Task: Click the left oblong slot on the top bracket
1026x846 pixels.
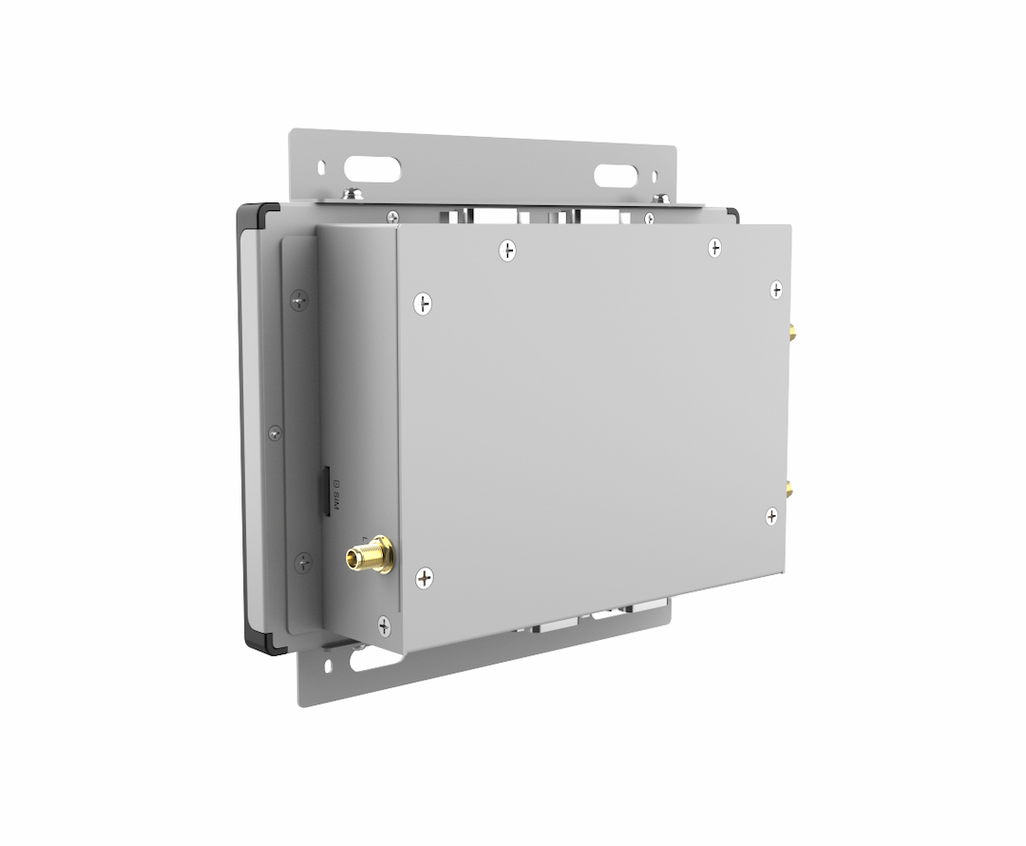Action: [372, 169]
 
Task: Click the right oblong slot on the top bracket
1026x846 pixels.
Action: [616, 176]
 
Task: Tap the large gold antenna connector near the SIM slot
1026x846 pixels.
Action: [370, 556]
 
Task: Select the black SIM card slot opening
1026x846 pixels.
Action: [323, 490]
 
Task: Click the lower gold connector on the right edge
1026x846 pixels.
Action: [788, 490]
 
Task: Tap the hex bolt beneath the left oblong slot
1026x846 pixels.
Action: [353, 195]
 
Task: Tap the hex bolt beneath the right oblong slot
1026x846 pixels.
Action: [662, 199]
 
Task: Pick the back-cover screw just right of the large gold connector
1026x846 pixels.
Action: [425, 576]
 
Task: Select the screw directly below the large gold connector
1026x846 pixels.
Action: [383, 625]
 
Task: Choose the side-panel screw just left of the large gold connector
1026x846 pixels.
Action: [301, 561]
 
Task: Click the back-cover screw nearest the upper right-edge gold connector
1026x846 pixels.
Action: [776, 289]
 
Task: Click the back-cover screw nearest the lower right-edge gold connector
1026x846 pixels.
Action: [771, 516]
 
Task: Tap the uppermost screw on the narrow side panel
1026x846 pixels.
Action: [299, 300]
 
